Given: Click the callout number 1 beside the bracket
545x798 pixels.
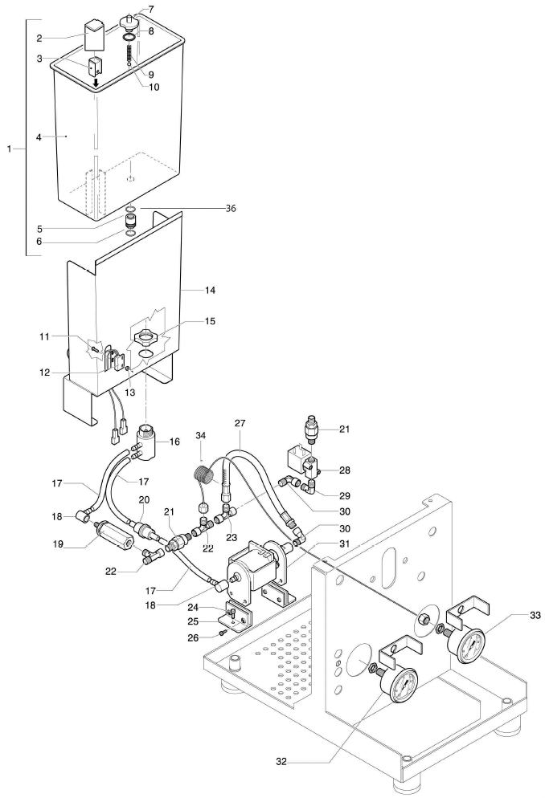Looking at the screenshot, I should coord(7,149).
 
